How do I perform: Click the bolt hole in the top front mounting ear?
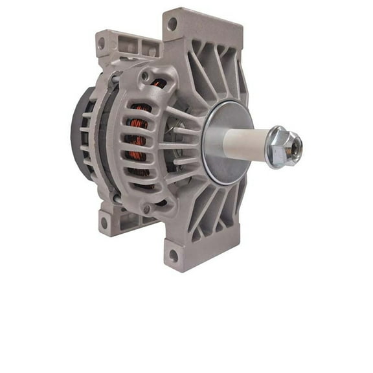tap(172, 24)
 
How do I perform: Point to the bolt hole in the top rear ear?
tap(101, 43)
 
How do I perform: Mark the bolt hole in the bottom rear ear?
tap(104, 223)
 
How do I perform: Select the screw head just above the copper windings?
tap(145, 76)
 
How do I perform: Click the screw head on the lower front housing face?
tap(146, 209)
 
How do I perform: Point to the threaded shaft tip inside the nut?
tap(295, 148)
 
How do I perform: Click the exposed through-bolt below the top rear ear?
tap(114, 78)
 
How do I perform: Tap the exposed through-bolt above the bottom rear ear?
tap(116, 197)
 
